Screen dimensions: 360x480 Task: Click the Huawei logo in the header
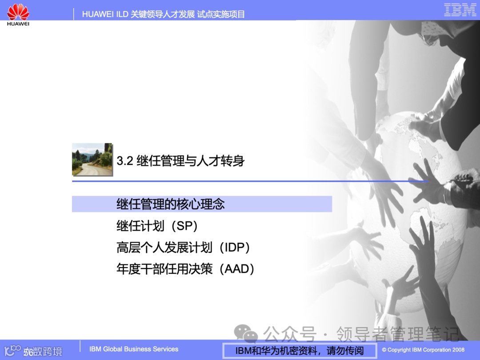pyautogui.click(x=18, y=13)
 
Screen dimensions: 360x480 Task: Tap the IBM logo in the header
pyautogui.click(x=460, y=10)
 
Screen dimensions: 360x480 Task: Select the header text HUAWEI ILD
pyautogui.click(x=105, y=14)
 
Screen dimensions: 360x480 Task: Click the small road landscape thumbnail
pyautogui.click(x=92, y=159)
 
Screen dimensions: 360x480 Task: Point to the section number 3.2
pyautogui.click(x=125, y=160)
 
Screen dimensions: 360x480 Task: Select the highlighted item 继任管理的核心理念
pyautogui.click(x=171, y=204)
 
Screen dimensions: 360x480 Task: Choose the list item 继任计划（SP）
pyautogui.click(x=157, y=226)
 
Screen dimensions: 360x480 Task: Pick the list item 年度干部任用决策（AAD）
pyautogui.click(x=185, y=269)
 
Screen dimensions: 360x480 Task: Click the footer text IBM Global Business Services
pyautogui.click(x=134, y=349)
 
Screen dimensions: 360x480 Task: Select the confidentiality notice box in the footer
pyautogui.click(x=299, y=351)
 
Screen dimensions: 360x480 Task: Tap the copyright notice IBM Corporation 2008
pyautogui.click(x=423, y=350)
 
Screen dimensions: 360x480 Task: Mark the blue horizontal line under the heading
pyautogui.click(x=250, y=181)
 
